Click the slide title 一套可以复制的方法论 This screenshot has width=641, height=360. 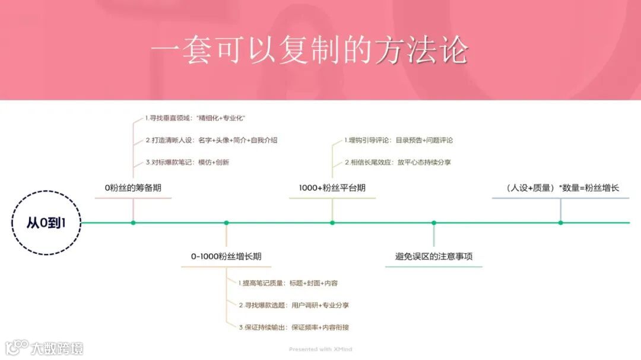coord(309,51)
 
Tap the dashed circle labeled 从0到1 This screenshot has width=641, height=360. coord(46,223)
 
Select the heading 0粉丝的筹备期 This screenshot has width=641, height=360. coord(133,188)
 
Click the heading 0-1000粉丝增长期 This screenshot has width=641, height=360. coord(226,257)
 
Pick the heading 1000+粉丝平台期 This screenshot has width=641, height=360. coord(332,188)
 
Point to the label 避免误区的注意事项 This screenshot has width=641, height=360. coord(434,257)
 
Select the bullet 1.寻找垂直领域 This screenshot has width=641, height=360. coord(195,119)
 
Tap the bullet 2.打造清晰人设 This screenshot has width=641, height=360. coord(211,141)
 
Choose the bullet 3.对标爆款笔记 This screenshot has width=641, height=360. coord(187,162)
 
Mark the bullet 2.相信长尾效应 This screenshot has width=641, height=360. coord(398,162)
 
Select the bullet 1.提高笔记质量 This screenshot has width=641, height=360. coord(288,283)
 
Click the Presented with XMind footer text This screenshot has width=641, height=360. coord(320,349)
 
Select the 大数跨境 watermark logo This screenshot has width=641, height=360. coord(45,348)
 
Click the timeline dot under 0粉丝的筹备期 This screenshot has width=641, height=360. coord(133,223)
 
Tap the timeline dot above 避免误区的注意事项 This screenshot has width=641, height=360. coord(434,223)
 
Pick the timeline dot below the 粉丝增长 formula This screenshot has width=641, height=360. coord(561,223)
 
